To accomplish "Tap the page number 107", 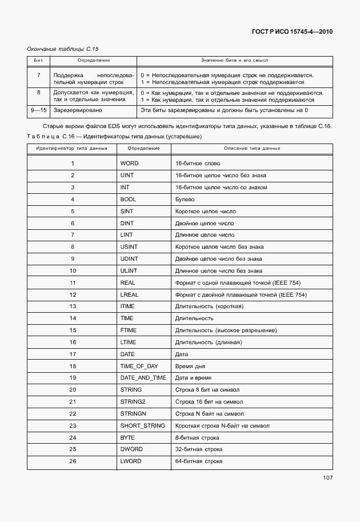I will (327, 478).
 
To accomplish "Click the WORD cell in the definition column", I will (129, 164).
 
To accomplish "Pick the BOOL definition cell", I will (128, 200).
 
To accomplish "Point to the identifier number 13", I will (73, 306).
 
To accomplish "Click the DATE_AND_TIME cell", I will (143, 378).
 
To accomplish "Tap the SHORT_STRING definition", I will (142, 425).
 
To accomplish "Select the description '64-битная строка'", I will (198, 461).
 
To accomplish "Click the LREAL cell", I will (130, 294).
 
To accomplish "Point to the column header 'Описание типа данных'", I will (252, 148).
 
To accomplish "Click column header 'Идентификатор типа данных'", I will (72, 148).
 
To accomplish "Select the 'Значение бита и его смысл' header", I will (235, 60).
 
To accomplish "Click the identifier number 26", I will (73, 461).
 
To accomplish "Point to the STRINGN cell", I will (133, 413).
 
